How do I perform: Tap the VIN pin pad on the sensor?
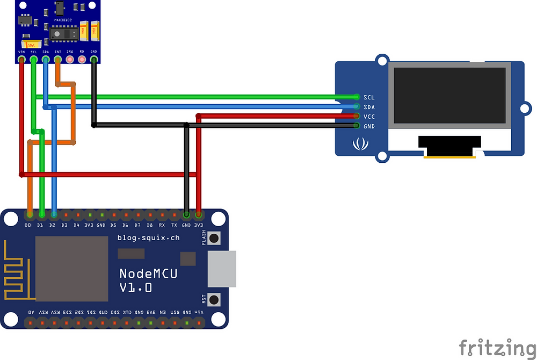(x=21, y=59)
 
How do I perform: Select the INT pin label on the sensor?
(x=58, y=52)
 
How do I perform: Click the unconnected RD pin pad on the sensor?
(x=82, y=59)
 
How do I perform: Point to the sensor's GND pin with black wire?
(x=94, y=59)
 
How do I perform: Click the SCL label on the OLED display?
(x=369, y=97)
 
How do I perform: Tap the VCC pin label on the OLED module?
(x=369, y=117)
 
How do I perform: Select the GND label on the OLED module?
(x=369, y=126)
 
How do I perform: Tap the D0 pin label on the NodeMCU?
(x=28, y=225)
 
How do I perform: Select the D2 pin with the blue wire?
(x=53, y=214)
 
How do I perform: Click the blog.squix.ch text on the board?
(x=148, y=237)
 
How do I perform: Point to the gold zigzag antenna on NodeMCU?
(x=16, y=271)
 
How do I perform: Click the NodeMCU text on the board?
(x=148, y=273)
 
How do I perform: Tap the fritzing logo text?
(x=497, y=347)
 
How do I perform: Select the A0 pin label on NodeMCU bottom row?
(x=31, y=312)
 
